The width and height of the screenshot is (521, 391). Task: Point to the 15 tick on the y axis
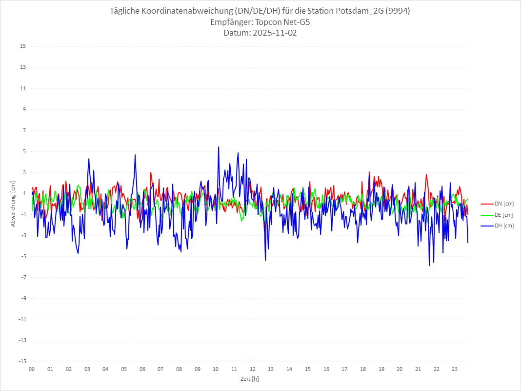point(23,46)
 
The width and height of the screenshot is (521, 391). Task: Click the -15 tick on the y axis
point(22,361)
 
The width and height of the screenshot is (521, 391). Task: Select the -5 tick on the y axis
point(23,256)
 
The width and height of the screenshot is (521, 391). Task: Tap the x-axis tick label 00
point(32,369)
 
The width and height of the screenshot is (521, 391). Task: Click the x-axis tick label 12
point(253,369)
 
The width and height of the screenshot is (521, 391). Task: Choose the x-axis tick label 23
point(455,369)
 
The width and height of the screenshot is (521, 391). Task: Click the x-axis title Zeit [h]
point(249,378)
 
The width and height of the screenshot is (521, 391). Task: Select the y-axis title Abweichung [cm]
point(13,204)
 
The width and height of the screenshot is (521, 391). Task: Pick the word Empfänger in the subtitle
point(231,22)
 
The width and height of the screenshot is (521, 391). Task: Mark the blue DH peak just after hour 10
point(219,147)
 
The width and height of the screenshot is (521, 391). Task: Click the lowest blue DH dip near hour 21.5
point(429,266)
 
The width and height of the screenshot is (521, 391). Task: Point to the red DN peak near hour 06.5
point(151,172)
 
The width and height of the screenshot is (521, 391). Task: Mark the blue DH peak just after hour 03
point(89,159)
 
